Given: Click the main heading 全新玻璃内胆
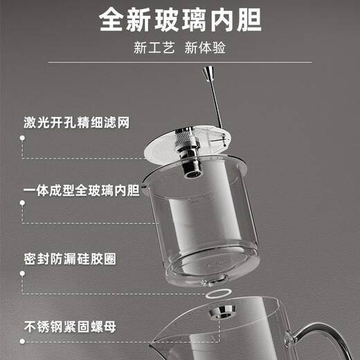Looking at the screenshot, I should pos(180,20).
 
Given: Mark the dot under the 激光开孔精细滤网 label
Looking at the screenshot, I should pos(23,138).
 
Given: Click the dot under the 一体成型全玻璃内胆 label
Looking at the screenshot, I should pos(23,205).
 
